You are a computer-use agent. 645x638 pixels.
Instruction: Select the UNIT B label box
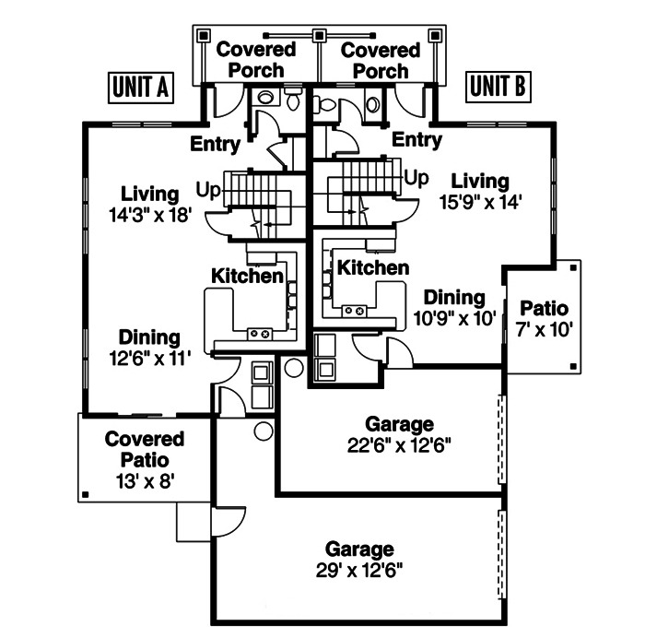(498, 87)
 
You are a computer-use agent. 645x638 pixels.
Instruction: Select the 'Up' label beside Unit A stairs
(207, 190)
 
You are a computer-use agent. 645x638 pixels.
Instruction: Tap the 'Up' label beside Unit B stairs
(417, 177)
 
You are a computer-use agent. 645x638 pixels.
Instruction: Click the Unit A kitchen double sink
(259, 332)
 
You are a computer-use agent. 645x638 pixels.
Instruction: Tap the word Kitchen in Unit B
(372, 267)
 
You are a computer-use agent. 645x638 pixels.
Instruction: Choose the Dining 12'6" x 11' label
(148, 349)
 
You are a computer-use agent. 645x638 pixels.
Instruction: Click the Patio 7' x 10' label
(544, 318)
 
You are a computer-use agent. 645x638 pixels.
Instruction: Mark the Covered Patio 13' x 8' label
(144, 459)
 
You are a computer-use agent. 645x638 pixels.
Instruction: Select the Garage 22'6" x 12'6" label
(399, 434)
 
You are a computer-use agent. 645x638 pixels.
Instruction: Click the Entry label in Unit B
(416, 139)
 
